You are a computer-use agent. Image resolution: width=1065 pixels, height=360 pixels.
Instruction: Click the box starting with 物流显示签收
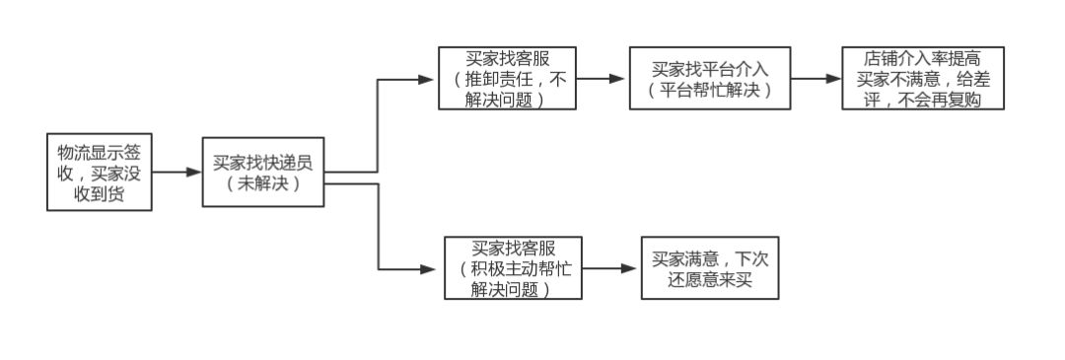click(x=101, y=172)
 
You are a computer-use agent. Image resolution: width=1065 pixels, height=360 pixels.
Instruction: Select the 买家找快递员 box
click(x=263, y=172)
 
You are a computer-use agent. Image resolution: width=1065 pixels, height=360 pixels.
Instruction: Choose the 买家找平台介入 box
click(x=710, y=78)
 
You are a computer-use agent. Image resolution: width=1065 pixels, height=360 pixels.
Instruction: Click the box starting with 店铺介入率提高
click(x=922, y=78)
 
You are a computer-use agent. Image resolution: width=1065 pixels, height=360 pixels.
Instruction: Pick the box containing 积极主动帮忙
click(x=513, y=267)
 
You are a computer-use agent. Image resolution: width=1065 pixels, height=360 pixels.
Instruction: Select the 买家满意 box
click(x=710, y=267)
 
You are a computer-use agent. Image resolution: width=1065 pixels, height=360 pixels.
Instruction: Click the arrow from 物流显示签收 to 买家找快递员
click(x=178, y=172)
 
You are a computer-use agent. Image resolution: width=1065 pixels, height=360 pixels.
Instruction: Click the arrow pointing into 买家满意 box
click(x=611, y=267)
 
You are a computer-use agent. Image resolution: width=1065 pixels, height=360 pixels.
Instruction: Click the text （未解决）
click(x=263, y=183)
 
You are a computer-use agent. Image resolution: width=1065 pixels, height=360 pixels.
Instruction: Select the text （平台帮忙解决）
click(x=710, y=90)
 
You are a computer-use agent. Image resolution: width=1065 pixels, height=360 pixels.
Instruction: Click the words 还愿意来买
click(x=710, y=279)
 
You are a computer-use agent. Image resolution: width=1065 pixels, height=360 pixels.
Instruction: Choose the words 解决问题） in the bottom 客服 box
click(x=510, y=289)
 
